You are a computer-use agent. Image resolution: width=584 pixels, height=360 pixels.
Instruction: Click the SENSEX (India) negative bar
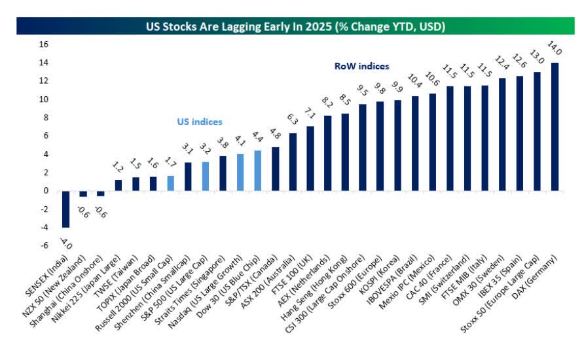pyautogui.click(x=65, y=209)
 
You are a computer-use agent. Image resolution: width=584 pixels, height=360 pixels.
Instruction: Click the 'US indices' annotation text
pyautogui.click(x=199, y=122)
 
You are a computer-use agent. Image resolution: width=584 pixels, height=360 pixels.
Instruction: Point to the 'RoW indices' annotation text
pyautogui.click(x=361, y=66)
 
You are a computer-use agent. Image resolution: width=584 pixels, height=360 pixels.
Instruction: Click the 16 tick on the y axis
pyautogui.click(x=45, y=45)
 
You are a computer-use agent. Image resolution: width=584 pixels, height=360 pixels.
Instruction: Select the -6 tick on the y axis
pyautogui.click(x=45, y=245)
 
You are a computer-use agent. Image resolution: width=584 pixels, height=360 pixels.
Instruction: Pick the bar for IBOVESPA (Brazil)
pyautogui.click(x=415, y=143)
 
